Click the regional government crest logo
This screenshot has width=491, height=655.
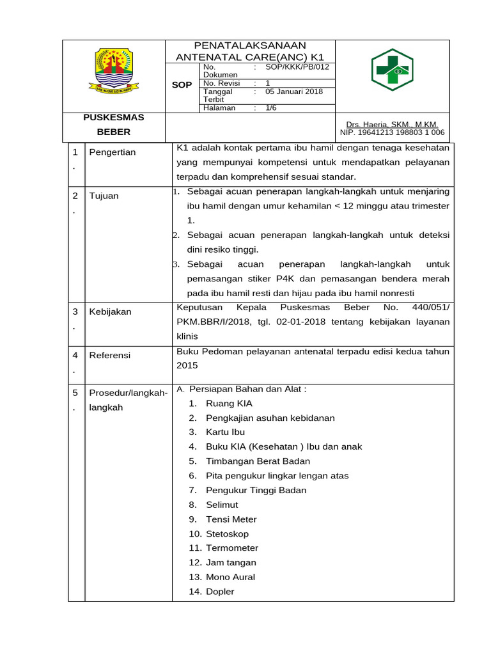114,71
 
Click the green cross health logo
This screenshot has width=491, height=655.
393,71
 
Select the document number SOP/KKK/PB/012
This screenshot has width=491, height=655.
297,67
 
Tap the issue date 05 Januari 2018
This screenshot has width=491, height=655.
294,91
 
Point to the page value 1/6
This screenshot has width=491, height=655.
271,108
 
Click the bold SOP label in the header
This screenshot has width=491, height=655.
182,85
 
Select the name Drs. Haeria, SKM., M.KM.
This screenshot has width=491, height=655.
392,124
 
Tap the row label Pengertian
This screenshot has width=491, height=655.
113,152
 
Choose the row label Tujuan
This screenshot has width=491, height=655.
104,196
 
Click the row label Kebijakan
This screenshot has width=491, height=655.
111,312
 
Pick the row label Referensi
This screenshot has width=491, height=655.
110,355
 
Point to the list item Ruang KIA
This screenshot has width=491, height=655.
229,404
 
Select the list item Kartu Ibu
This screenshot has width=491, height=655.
225,432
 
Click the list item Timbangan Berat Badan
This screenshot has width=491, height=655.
258,461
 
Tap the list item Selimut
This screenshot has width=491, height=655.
222,505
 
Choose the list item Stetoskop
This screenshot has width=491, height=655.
227,533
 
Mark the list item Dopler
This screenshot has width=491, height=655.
220,592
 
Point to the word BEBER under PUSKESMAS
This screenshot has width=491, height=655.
114,132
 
